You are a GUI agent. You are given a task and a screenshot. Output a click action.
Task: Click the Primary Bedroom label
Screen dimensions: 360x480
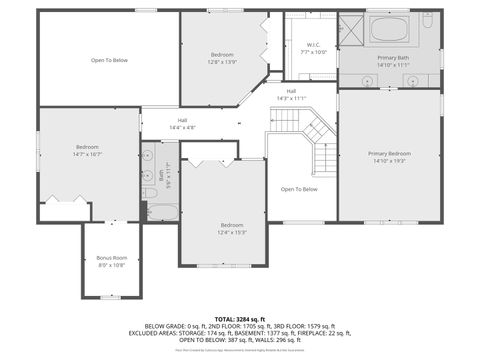(389, 156)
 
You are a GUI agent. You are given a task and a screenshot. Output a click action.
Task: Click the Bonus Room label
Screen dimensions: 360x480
(112, 262)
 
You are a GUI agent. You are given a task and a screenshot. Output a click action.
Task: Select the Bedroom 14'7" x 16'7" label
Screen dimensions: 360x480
(88, 151)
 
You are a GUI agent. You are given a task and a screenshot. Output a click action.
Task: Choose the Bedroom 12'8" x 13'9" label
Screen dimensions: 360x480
(222, 58)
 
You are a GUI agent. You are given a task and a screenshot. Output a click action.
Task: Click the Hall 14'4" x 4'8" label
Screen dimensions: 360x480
(182, 124)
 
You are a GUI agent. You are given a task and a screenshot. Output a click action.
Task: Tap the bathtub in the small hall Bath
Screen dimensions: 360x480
(161, 212)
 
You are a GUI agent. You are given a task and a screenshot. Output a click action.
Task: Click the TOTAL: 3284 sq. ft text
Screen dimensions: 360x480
(240, 318)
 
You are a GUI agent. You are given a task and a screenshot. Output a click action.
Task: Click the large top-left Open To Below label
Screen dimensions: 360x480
(109, 60)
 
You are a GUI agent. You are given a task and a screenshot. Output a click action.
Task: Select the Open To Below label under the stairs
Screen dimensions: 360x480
(299, 189)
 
